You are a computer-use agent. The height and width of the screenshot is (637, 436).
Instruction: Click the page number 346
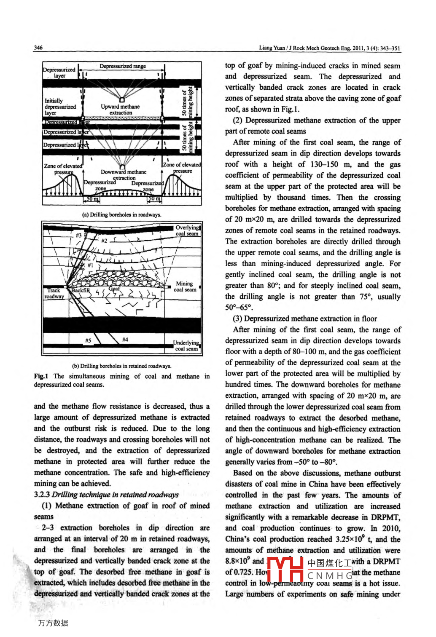[x=38, y=48]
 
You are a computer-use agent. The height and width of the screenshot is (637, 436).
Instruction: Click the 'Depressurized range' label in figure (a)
[x=123, y=66]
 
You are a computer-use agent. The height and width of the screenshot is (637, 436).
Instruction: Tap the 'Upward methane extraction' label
[x=120, y=110]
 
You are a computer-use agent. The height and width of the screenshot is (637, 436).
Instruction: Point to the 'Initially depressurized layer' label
[x=60, y=107]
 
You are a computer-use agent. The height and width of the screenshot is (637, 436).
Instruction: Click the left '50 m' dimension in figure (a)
[x=92, y=199]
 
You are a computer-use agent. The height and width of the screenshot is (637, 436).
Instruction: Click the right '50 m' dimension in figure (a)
[x=154, y=199]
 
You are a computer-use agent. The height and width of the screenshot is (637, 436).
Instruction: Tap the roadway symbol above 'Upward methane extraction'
[x=122, y=100]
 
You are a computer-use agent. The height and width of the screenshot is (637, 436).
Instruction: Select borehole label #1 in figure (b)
[x=90, y=265]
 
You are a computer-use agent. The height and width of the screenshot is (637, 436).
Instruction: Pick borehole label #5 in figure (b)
[x=88, y=340]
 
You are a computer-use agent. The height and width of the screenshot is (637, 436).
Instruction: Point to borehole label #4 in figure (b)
[x=125, y=340]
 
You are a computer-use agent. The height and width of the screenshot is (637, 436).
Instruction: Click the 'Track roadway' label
[x=54, y=293]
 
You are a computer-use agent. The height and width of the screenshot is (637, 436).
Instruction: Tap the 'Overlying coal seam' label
[x=187, y=230]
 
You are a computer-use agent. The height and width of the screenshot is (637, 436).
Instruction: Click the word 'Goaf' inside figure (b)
[x=115, y=289]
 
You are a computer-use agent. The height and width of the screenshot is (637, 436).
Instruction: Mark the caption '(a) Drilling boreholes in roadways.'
[x=121, y=215]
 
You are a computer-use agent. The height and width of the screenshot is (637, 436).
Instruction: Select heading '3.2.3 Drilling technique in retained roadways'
[x=106, y=495]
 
